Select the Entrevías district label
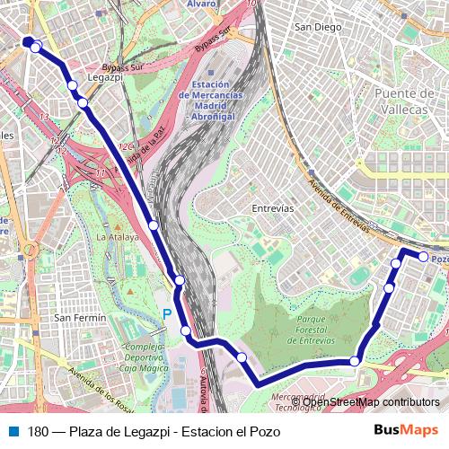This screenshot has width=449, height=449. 273,207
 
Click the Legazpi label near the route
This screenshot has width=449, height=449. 106,78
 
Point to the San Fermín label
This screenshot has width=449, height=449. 80,317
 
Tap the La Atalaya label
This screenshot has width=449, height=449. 117,237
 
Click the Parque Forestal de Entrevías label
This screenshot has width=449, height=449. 321,328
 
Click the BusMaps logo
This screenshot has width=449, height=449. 405,431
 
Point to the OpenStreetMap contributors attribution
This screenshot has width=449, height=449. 369,401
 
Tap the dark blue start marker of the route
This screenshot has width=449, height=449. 28,40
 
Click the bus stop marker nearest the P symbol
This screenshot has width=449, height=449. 186,331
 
